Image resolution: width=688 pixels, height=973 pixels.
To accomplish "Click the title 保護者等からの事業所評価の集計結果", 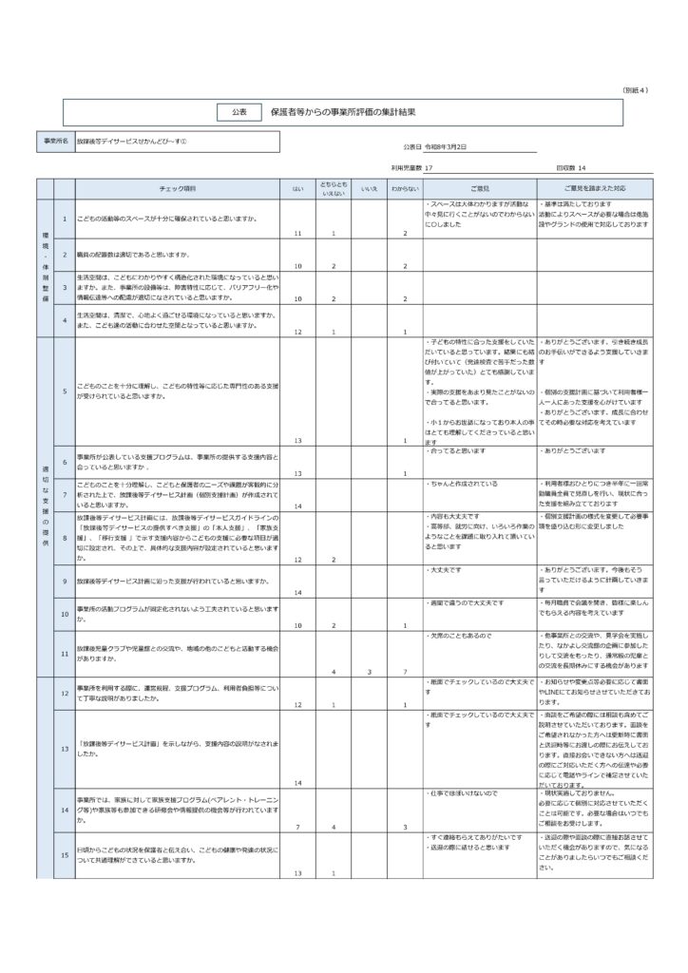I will pos(343,111).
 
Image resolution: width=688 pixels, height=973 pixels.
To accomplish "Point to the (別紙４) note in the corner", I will pos(635,89).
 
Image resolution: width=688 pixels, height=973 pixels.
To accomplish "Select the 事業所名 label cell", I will pos(56,141).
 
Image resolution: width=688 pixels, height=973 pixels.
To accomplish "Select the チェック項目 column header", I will pos(178,190).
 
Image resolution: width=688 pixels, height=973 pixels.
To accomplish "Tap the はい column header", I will pos(297,190).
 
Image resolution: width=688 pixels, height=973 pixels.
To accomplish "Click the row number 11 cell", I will pos(64,654).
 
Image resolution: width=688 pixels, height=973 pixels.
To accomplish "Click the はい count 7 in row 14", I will pos(297,827).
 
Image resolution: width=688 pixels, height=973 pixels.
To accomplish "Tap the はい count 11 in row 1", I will pos(297,233).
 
